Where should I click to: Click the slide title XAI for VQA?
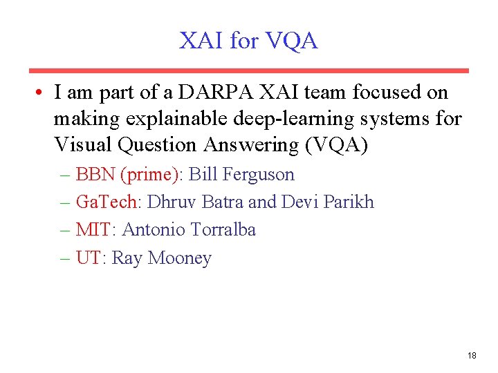[x=248, y=41]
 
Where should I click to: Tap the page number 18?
[x=472, y=356]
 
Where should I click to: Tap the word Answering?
[x=246, y=145]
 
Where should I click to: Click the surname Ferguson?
[x=260, y=175]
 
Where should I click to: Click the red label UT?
[x=88, y=258]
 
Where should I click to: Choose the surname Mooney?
[x=180, y=258]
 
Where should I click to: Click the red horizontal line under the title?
[x=248, y=70]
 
